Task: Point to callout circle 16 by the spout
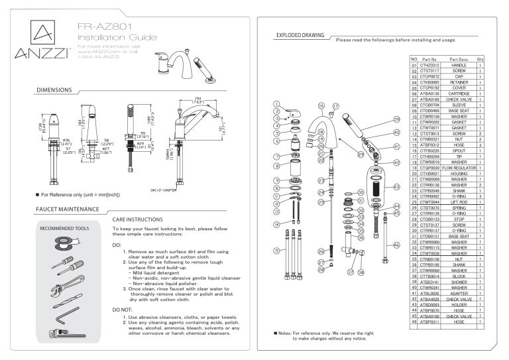click(320, 105)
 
